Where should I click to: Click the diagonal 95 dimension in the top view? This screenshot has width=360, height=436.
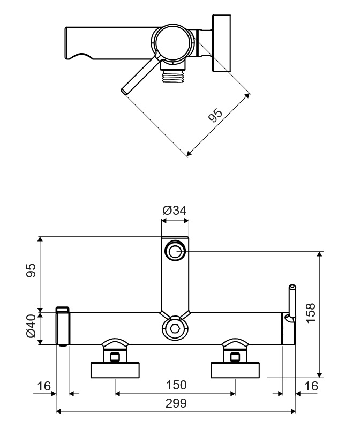(215, 116)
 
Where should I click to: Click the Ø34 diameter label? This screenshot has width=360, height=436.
(175, 211)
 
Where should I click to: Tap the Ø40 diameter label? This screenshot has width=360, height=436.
(32, 326)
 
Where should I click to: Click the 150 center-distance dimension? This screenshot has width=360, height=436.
(176, 385)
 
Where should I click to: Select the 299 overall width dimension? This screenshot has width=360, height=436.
(176, 404)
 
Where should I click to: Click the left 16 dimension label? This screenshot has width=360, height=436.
(44, 386)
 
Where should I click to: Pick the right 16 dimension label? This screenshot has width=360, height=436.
(310, 386)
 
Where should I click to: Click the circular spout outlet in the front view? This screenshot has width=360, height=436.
(175, 250)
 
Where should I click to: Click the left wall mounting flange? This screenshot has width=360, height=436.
(116, 370)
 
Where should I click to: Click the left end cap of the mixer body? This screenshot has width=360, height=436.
(63, 326)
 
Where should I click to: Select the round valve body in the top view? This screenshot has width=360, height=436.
(174, 42)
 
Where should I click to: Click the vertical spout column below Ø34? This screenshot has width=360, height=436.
(175, 284)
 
